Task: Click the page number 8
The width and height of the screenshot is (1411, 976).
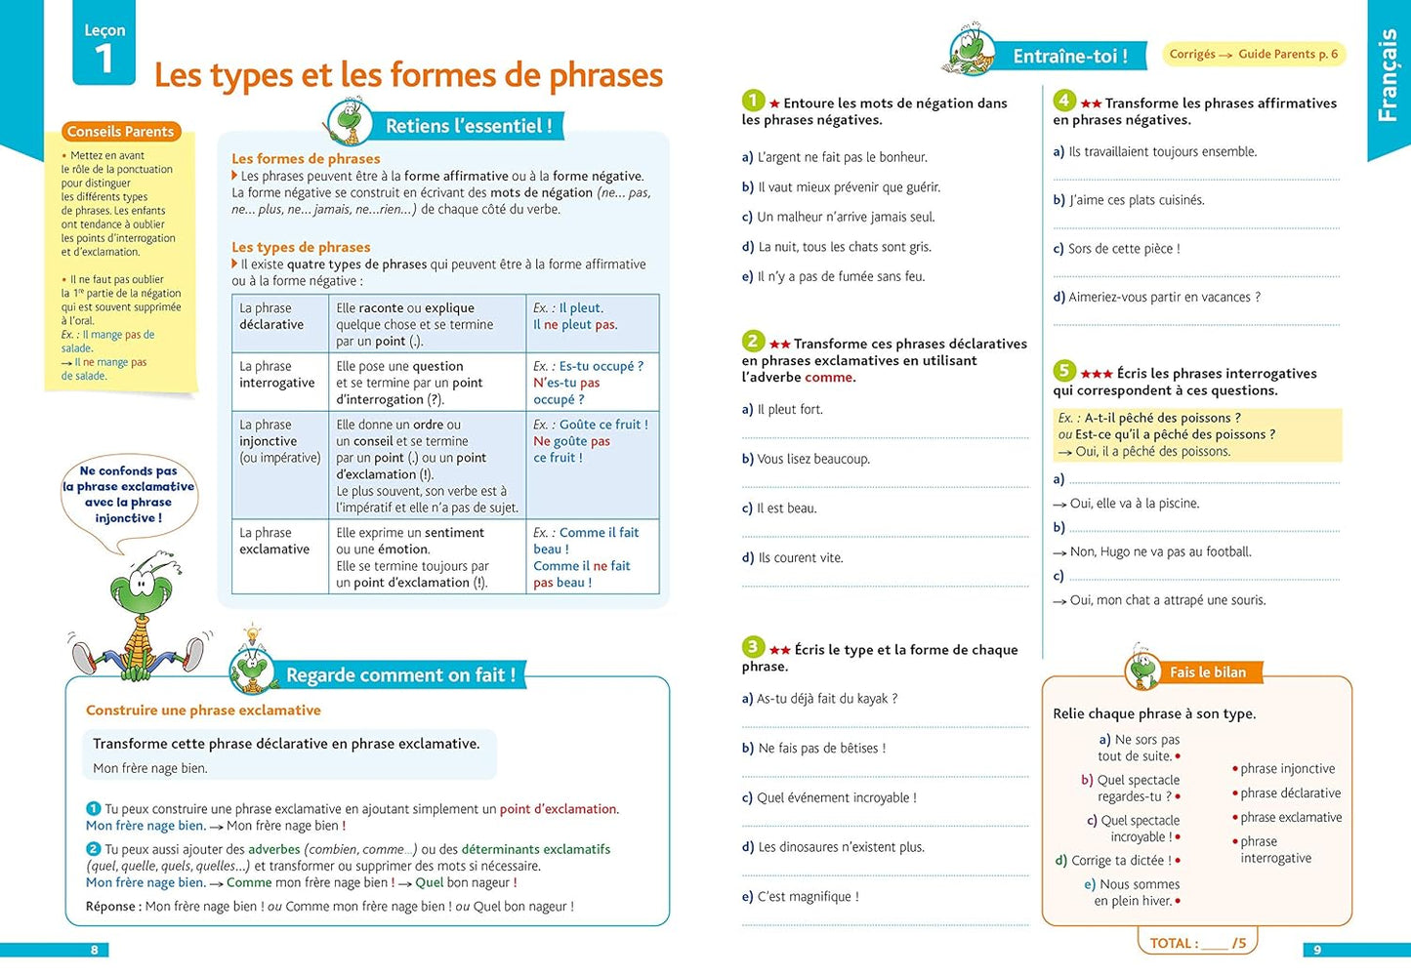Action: [94, 950]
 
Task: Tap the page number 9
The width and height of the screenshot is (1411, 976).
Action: [1316, 950]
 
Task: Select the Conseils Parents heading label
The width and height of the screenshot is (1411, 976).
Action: [120, 132]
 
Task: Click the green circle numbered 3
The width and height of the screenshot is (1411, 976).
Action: [753, 647]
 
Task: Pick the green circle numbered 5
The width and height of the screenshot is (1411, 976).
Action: [1064, 371]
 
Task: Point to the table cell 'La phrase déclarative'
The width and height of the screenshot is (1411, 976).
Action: [271, 316]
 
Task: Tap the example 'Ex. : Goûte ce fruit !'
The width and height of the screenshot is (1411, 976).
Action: [590, 425]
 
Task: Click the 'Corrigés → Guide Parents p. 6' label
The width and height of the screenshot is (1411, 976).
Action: [1253, 55]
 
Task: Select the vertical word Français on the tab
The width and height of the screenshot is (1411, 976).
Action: [1387, 76]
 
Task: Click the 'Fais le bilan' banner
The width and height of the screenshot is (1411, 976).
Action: [1207, 672]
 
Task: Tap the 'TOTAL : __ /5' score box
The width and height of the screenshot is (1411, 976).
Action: [1197, 943]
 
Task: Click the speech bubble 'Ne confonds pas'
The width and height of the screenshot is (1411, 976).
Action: [129, 495]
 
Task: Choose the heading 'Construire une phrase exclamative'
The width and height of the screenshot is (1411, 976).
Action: [203, 711]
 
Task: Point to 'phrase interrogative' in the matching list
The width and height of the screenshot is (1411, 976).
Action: [1275, 850]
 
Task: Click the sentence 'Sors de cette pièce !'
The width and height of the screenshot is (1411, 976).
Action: [1123, 249]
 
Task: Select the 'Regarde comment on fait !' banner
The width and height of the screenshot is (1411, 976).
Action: [399, 674]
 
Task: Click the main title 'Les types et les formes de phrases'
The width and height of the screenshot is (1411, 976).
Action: [408, 75]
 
